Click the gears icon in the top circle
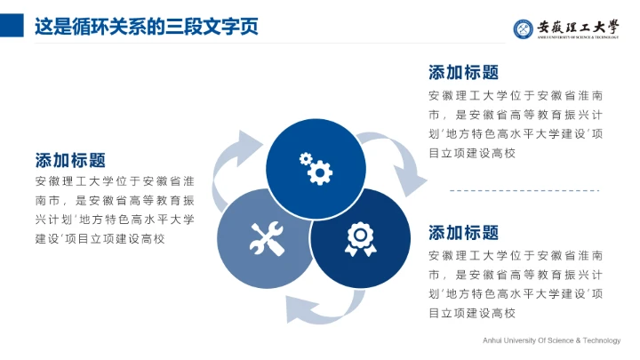tap(316, 166)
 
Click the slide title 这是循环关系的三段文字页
tap(146, 26)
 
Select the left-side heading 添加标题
tap(70, 160)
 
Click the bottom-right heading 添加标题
tap(463, 233)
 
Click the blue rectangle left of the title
tap(12, 26)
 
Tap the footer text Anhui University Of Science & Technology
tap(551, 340)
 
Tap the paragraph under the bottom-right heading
tap(516, 284)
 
